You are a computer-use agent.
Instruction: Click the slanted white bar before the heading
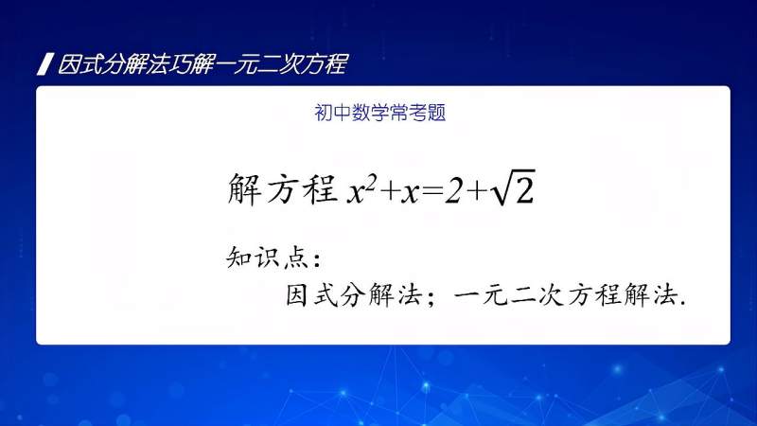43,65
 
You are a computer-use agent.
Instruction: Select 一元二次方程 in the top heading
283,65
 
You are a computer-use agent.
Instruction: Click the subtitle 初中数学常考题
380,113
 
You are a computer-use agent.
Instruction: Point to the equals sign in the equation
433,192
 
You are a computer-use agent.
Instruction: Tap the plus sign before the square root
478,192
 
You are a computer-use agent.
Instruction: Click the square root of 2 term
514,190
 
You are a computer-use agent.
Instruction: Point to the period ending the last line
681,303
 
